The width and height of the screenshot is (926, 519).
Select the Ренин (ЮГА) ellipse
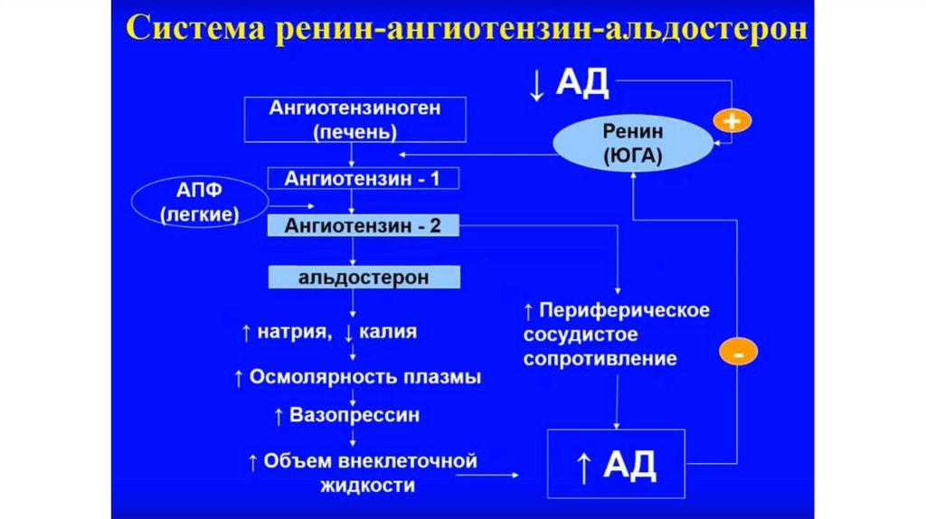633,143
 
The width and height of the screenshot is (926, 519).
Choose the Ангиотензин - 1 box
363,178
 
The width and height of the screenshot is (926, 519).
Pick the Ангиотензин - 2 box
363,225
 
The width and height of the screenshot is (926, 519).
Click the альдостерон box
363,276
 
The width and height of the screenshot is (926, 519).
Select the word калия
388,332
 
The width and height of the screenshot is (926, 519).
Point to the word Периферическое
624,310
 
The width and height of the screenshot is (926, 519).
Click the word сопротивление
600,359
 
